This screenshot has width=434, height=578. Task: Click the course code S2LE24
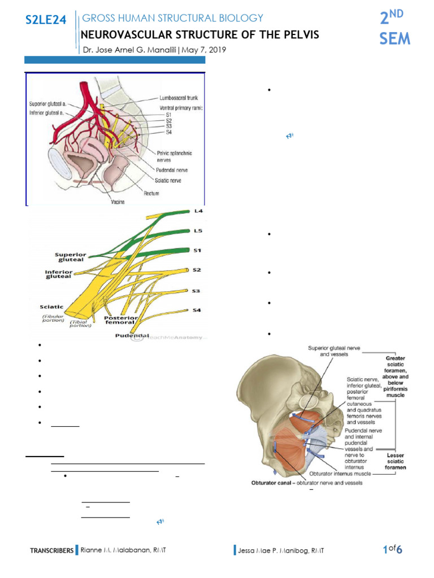pos(46,21)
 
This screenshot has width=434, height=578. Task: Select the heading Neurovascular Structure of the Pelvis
pos(201,35)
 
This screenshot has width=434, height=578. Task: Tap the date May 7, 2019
pos(204,50)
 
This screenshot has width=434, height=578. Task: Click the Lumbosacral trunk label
pos(179,98)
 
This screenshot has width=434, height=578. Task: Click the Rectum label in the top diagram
pos(151,193)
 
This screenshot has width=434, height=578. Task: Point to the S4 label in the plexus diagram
pos(197,310)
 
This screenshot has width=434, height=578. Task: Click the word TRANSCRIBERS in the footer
pos(51,550)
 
